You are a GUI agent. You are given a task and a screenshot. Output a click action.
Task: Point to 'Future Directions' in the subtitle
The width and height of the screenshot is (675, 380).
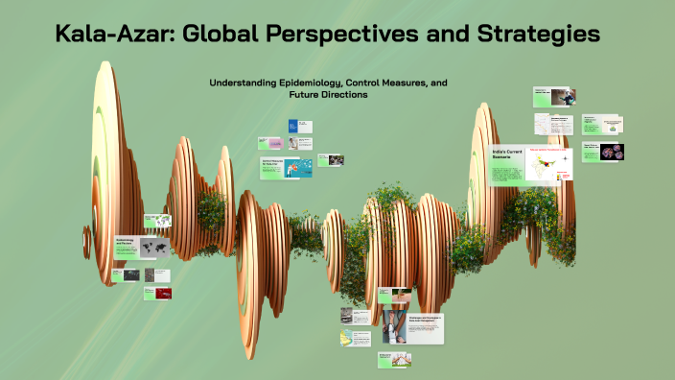[328, 95]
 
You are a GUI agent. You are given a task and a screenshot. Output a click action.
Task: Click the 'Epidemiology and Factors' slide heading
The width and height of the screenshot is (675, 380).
[127, 244]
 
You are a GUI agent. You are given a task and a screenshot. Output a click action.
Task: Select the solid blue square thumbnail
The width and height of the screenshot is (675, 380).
[293, 126]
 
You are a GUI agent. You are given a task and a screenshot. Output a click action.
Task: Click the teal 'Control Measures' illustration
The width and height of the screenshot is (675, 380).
[297, 167]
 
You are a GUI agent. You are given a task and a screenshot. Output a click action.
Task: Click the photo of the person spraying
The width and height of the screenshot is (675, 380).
[568, 97]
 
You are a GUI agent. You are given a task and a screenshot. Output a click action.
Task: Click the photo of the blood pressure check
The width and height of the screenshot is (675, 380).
[393, 326]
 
